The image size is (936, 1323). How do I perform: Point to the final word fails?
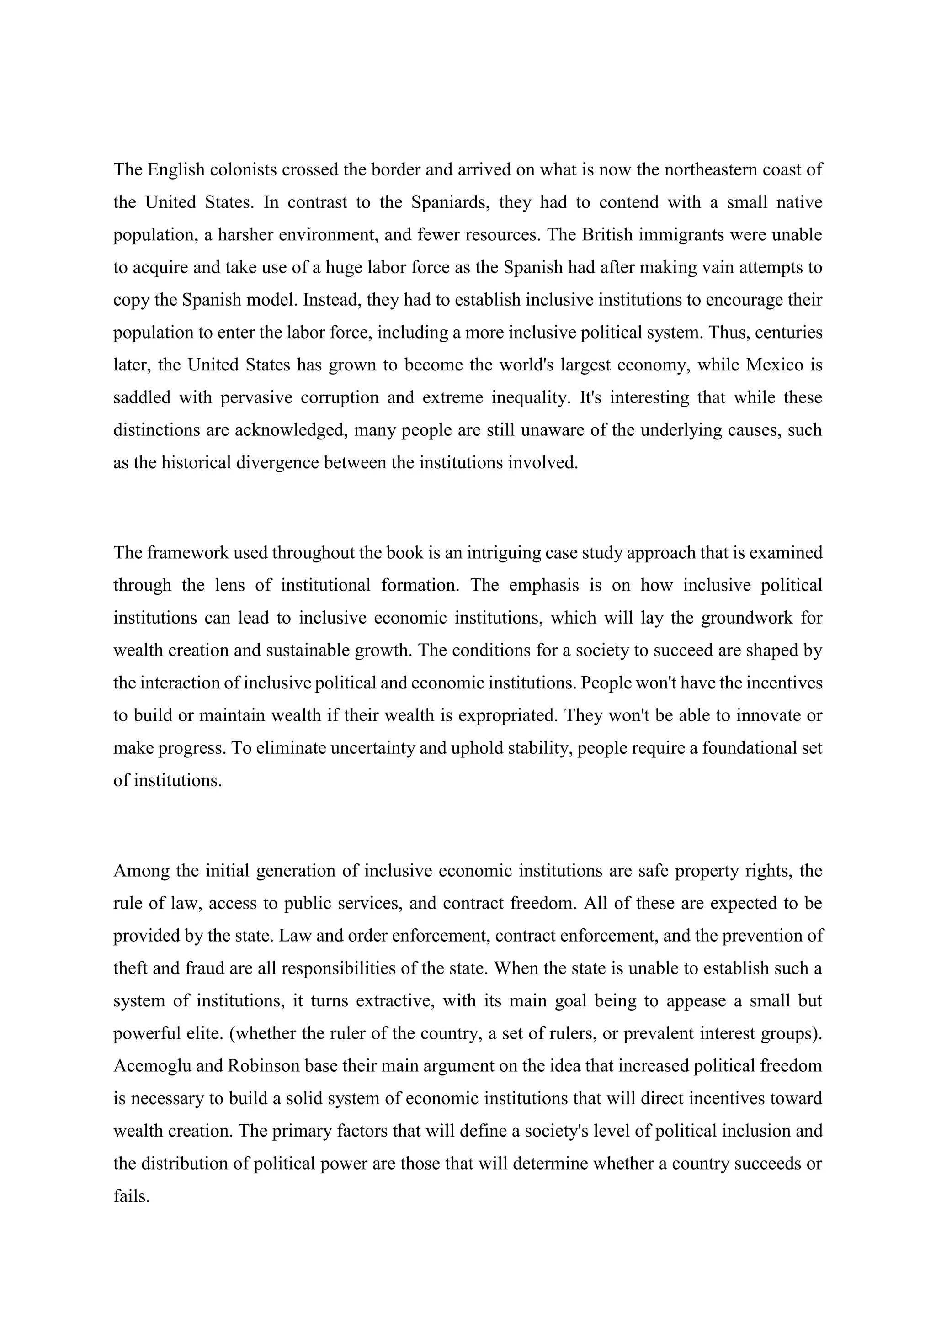click(132, 1196)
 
